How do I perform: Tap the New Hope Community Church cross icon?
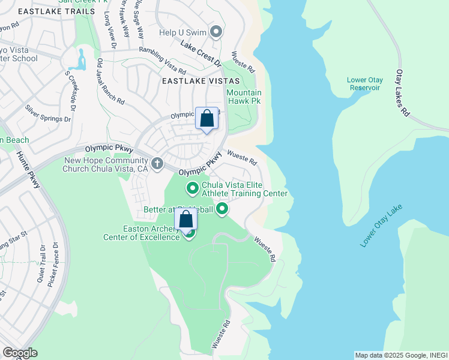tap(157, 163)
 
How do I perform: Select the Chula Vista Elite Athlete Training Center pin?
tap(193, 189)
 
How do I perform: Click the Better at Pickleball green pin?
tap(222, 209)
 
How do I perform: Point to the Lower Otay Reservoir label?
tap(364, 84)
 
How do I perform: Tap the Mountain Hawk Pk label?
tap(244, 97)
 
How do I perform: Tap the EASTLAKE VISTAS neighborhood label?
tap(200, 80)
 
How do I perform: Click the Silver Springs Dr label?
tap(47, 113)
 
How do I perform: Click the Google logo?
tap(20, 352)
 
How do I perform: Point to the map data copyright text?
tap(400, 355)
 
